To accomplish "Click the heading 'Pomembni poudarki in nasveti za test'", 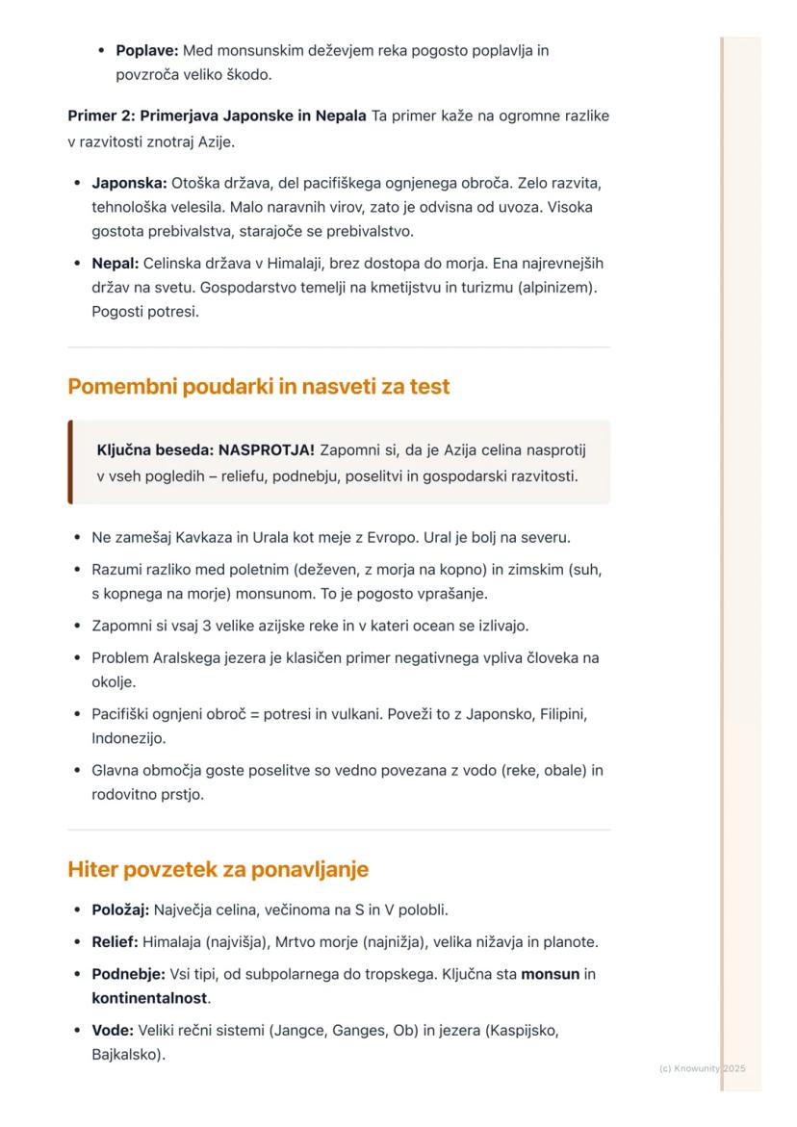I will click(x=258, y=387).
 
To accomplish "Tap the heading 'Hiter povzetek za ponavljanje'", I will click(x=218, y=870).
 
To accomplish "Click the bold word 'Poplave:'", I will click(x=146, y=50).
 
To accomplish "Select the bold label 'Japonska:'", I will click(x=129, y=182).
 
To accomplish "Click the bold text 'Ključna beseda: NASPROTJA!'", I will click(x=206, y=450).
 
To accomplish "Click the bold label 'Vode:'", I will click(x=113, y=1030).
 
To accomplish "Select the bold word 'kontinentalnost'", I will click(x=149, y=998).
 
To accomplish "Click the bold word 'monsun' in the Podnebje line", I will click(x=550, y=974).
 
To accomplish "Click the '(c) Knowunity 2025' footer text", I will click(x=702, y=1068).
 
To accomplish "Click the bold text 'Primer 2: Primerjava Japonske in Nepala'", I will click(x=217, y=116).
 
